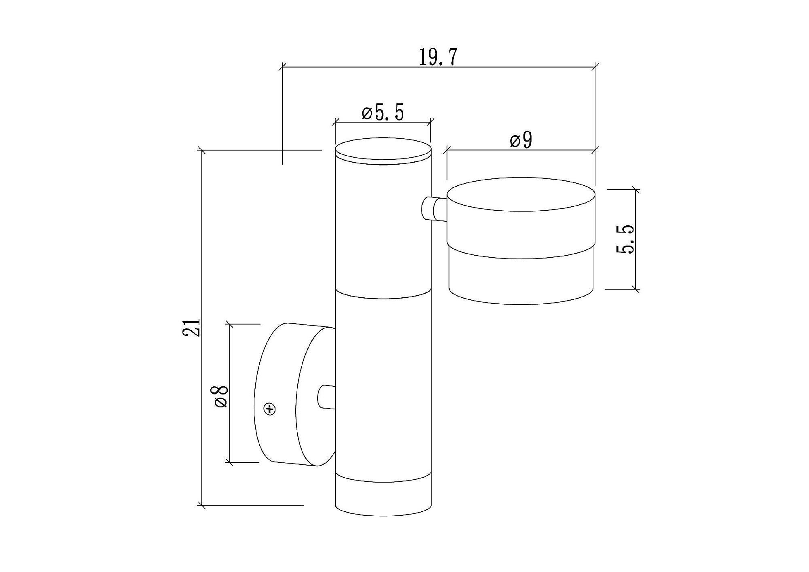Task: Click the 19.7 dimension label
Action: (438, 57)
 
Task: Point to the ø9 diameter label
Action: (521, 140)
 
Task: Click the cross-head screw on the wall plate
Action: (270, 409)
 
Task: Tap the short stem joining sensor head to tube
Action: (434, 208)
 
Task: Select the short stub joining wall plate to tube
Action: (326, 397)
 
